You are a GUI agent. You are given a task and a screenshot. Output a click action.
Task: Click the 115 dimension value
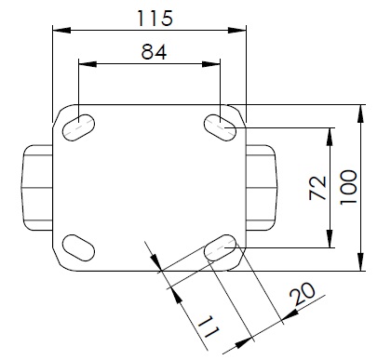point(155,19)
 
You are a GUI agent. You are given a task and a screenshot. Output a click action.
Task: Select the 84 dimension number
point(154,52)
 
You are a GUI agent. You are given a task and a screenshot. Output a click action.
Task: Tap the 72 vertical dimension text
point(318,188)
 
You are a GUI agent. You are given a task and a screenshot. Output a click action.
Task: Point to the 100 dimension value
point(349,187)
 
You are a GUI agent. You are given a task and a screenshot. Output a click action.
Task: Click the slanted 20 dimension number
point(303,294)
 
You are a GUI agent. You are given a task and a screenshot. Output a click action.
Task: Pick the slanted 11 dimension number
point(209,327)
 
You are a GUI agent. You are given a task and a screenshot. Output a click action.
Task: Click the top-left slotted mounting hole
point(79,127)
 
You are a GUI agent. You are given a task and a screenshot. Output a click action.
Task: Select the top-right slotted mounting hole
point(220,127)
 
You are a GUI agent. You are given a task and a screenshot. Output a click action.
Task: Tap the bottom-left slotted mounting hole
point(78,247)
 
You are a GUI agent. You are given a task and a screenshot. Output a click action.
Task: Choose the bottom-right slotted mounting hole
point(221,247)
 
